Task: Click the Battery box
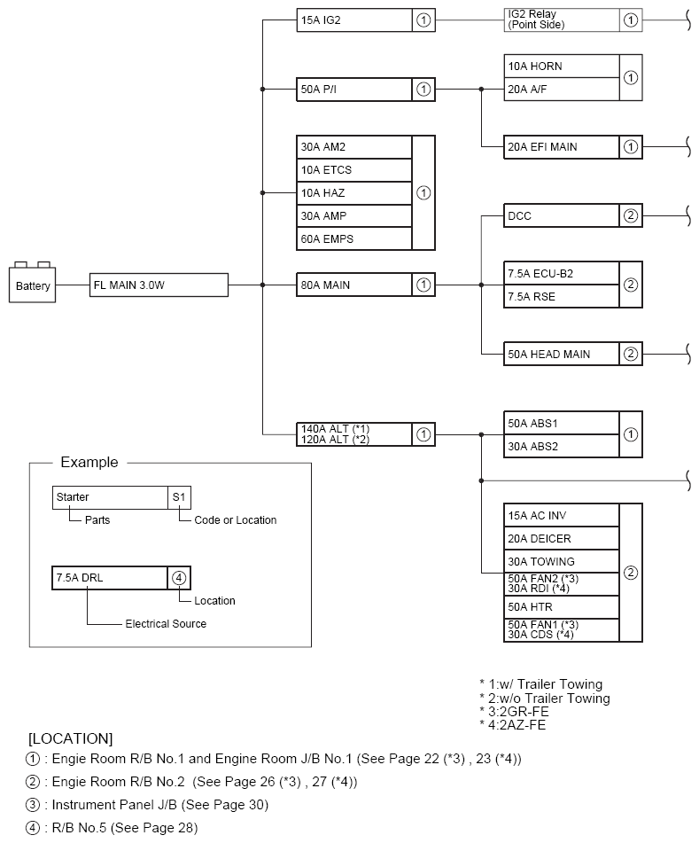(x=33, y=285)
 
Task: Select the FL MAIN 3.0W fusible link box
(x=159, y=285)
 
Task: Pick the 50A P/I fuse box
(x=354, y=89)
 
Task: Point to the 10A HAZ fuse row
(x=354, y=192)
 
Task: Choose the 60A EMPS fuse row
(x=354, y=238)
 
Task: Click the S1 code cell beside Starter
(x=179, y=497)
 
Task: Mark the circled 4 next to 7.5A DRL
(x=179, y=578)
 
